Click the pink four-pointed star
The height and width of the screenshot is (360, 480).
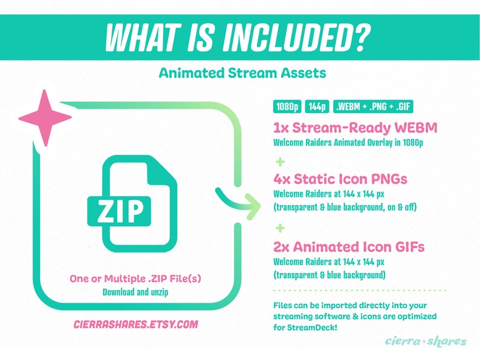pos(45,117)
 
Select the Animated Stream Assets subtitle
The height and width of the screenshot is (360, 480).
pos(242,73)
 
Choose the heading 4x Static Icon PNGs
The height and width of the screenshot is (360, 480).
pos(340,179)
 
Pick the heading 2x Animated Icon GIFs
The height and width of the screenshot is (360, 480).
pos(348,246)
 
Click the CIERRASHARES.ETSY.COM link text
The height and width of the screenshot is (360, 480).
pos(135,324)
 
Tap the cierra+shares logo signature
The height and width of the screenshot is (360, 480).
pos(426,341)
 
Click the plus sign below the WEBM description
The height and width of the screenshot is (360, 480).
pos(279,162)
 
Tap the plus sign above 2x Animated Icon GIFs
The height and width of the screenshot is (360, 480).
pos(279,228)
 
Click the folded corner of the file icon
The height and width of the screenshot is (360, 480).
pos(164,169)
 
